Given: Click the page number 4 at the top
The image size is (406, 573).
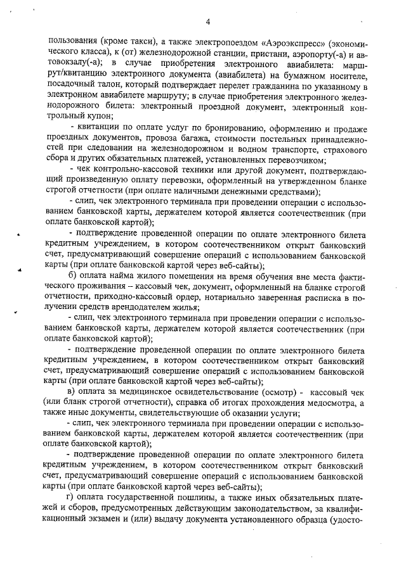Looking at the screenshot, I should pos(207,22).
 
